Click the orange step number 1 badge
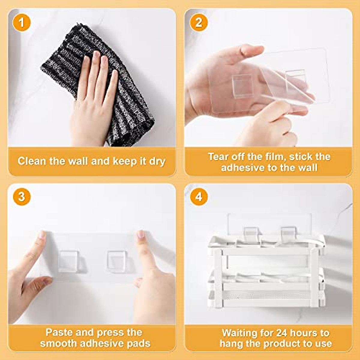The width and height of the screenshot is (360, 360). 22,22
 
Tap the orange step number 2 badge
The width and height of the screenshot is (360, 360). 199,22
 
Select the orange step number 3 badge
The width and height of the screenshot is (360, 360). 22,197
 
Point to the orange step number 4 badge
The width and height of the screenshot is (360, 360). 199,197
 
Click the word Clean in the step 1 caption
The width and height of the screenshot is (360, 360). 32,161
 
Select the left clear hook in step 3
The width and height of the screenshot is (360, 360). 68,261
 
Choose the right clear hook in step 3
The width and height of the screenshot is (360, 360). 116,261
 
